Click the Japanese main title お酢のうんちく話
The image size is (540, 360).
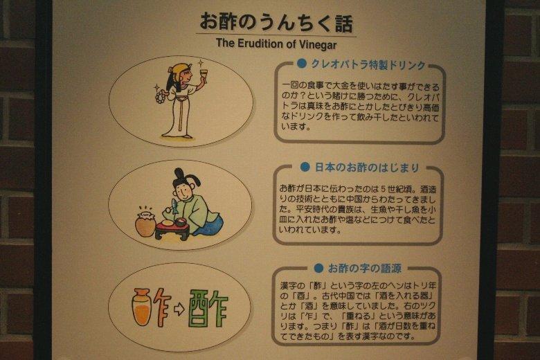276,22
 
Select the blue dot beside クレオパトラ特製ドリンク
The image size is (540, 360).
302,64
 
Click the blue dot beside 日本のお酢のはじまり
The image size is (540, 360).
305,167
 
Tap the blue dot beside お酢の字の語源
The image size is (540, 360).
318,268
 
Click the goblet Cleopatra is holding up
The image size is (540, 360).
204,75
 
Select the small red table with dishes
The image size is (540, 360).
172,228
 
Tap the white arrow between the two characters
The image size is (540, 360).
179,309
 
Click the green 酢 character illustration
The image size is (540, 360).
208,309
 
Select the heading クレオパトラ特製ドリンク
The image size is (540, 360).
368,64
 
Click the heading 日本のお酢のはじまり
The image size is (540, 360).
367,168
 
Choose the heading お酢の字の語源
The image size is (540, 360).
365,269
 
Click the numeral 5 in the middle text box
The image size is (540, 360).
384,189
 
